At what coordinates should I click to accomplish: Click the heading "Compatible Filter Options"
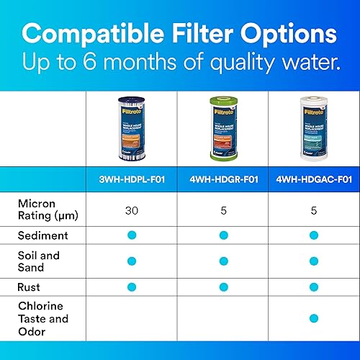(x=179, y=35)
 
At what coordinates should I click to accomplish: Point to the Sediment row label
(x=42, y=235)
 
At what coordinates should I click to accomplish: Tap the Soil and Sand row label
(x=39, y=261)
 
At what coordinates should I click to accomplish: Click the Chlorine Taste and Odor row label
(x=42, y=318)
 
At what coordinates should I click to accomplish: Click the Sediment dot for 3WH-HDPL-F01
(x=132, y=235)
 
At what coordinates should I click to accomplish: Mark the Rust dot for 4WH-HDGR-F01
(x=223, y=287)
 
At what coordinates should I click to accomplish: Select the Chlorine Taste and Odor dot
(x=313, y=318)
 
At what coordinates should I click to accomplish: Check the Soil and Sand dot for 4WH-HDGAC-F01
(x=313, y=261)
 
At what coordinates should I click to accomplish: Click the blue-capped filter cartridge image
(x=132, y=127)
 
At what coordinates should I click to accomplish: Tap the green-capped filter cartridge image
(x=222, y=127)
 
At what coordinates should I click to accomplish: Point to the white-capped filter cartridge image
(x=313, y=127)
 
